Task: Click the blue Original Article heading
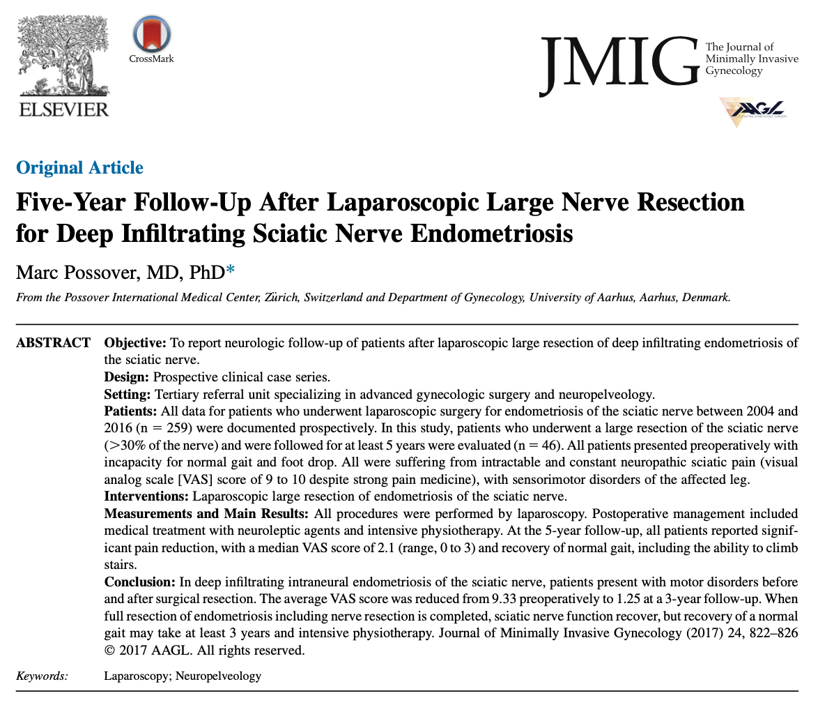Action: coord(79,168)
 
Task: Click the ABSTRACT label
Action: coord(53,344)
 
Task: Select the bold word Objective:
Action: coord(134,344)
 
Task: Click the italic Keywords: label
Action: coord(42,676)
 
